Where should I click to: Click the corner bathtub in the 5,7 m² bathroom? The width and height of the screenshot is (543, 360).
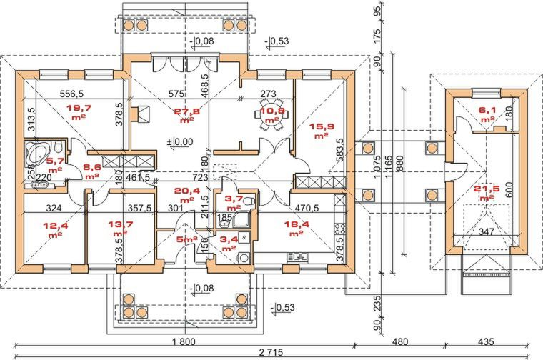[34, 153]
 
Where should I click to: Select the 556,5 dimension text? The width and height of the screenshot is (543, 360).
[71, 94]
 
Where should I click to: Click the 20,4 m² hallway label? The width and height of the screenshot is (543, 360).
[187, 194]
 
